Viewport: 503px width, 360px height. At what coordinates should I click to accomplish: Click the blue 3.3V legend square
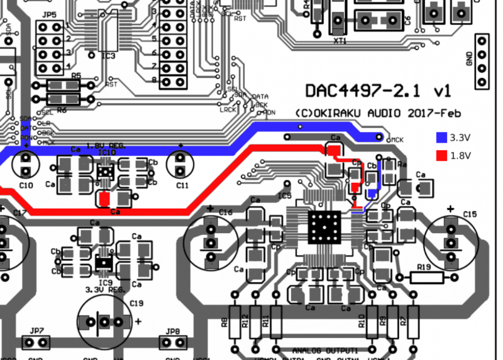tap(441, 137)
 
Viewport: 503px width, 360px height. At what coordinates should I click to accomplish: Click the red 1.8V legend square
tap(441, 155)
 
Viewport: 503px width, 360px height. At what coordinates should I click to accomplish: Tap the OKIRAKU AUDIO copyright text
tap(378, 113)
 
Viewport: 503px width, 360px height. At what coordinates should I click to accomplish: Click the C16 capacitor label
tap(225, 213)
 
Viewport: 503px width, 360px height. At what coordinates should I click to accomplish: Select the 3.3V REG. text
tap(106, 290)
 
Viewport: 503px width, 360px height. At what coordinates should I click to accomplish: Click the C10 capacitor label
tap(26, 185)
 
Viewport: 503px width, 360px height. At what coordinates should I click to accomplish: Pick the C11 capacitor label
tap(182, 185)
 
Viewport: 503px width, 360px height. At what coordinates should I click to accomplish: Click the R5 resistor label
tap(77, 75)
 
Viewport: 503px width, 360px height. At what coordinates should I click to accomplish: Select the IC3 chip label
tap(108, 57)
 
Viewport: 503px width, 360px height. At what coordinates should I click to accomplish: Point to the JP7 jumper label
tap(36, 330)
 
